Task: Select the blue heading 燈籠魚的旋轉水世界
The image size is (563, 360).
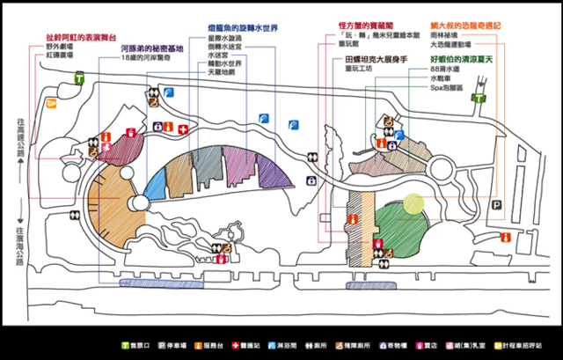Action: [243, 27]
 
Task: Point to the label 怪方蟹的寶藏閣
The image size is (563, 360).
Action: [360, 26]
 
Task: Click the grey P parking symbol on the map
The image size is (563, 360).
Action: [497, 205]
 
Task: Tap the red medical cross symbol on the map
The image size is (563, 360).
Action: [183, 129]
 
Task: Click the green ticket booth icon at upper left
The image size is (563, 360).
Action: [80, 77]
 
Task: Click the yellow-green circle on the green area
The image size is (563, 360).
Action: [413, 202]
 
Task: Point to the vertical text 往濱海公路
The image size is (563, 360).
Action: [19, 245]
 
